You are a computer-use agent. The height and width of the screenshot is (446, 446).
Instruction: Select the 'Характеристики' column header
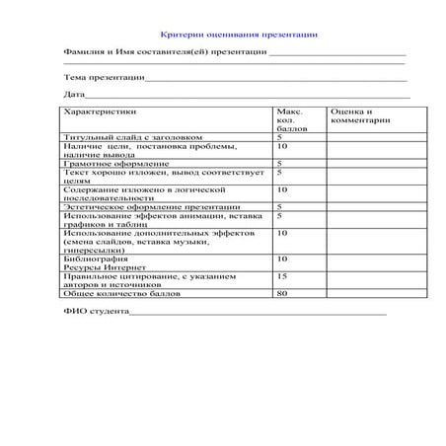pos(96,113)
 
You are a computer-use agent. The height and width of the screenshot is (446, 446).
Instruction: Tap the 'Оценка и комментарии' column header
pos(359,117)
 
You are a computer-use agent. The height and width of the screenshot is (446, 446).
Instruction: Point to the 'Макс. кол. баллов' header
pos(293,120)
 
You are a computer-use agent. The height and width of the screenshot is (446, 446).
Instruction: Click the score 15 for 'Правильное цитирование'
pos(282,276)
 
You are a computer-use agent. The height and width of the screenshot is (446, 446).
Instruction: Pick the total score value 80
pos(282,293)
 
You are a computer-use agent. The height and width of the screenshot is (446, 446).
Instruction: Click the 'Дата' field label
pos(74,95)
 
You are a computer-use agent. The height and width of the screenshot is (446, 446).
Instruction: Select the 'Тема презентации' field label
pos(105,76)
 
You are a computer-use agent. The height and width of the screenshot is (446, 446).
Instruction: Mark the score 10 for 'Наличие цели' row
pos(282,146)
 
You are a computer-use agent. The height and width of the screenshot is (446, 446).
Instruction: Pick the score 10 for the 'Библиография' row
pos(282,259)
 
